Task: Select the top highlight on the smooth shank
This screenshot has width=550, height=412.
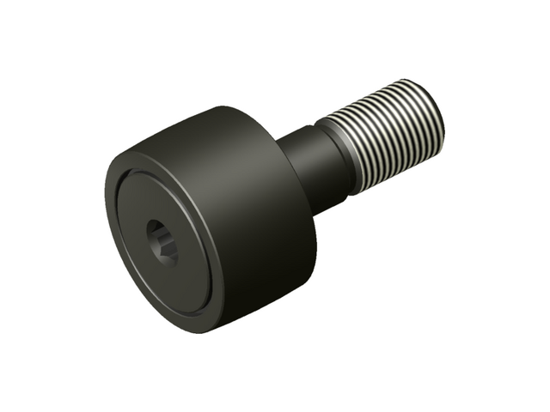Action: click(x=296, y=133)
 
